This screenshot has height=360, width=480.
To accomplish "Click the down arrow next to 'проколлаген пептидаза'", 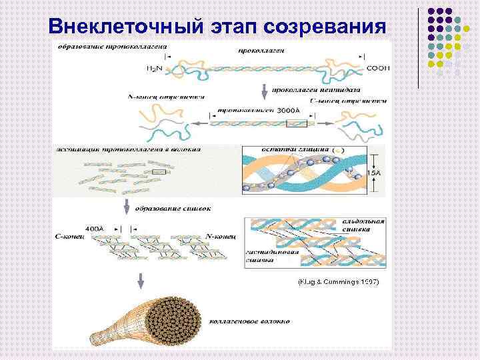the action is pos(265,91).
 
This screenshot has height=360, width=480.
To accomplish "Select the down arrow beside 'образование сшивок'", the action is pos(125,207).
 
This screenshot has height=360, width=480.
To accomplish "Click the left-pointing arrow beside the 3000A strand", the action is pos(198,123).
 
